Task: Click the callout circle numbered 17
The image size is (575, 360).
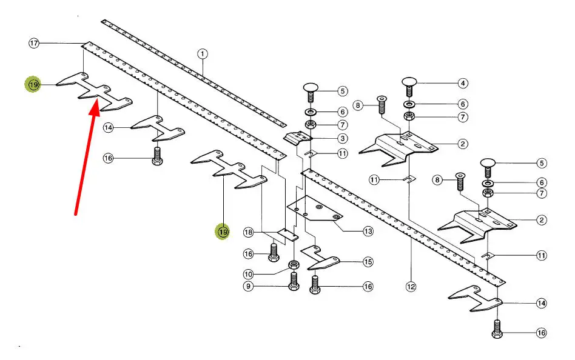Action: coord(34,43)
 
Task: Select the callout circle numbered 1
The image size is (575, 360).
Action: coord(203,53)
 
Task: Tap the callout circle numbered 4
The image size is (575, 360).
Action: coord(463,83)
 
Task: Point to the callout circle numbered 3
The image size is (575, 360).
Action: coord(343,139)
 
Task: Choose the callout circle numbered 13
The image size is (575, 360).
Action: coord(368,231)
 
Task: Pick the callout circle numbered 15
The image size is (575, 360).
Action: coord(368,262)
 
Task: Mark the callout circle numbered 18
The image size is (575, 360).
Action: coord(248,232)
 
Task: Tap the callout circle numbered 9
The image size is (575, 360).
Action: coord(248,286)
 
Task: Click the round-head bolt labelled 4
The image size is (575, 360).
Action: coord(408,84)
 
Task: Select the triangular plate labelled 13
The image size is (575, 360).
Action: coord(315,210)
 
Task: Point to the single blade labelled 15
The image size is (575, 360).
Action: coord(321,262)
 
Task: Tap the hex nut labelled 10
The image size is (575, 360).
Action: coord(294,264)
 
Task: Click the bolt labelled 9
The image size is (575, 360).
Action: coord(294,280)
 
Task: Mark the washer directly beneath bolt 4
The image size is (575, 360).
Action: coord(408,104)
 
